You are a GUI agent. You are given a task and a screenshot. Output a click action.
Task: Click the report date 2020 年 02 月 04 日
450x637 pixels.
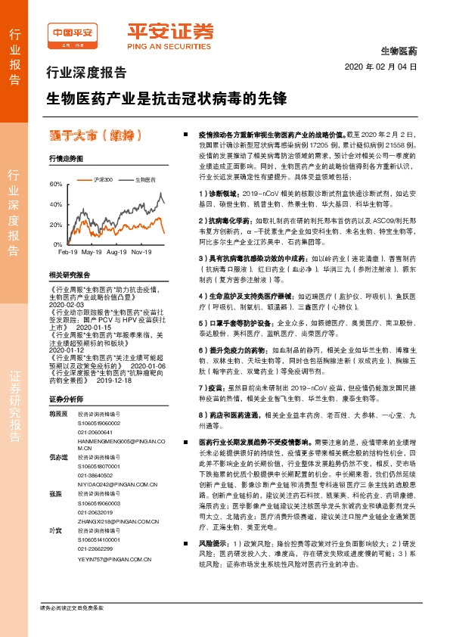380,67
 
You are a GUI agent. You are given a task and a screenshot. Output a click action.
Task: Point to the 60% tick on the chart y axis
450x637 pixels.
55,184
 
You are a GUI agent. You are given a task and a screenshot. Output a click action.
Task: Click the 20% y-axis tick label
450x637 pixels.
55,225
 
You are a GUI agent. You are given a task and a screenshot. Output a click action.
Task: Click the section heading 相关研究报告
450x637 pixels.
69,275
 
